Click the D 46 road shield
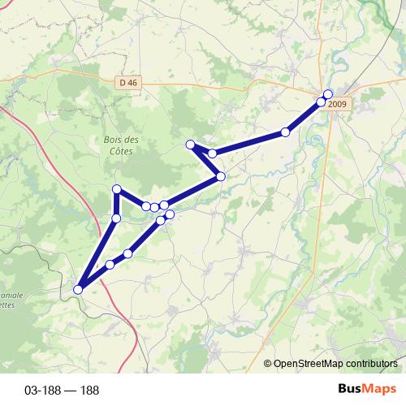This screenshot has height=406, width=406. click(x=126, y=82)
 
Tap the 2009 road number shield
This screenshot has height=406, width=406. click(x=338, y=103)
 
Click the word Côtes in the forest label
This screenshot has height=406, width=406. click(x=121, y=151)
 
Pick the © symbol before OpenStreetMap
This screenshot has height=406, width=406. click(x=268, y=364)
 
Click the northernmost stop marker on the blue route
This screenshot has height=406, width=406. click(x=328, y=94)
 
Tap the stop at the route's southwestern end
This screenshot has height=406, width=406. click(x=79, y=289)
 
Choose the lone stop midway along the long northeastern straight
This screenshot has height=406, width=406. click(x=286, y=132)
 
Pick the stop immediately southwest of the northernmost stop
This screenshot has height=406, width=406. click(x=321, y=102)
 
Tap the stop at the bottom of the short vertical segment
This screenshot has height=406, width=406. click(x=116, y=218)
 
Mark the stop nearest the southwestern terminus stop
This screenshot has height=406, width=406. click(x=110, y=265)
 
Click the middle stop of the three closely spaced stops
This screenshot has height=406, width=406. click(x=154, y=207)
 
